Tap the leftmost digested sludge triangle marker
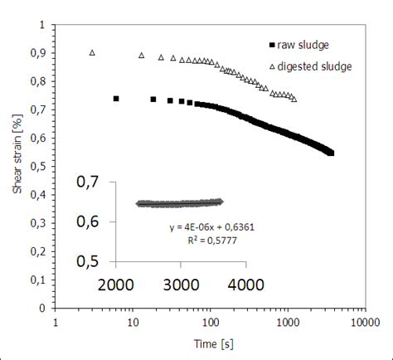click(92, 52)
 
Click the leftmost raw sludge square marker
click(116, 98)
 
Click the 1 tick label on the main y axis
click(42, 25)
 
